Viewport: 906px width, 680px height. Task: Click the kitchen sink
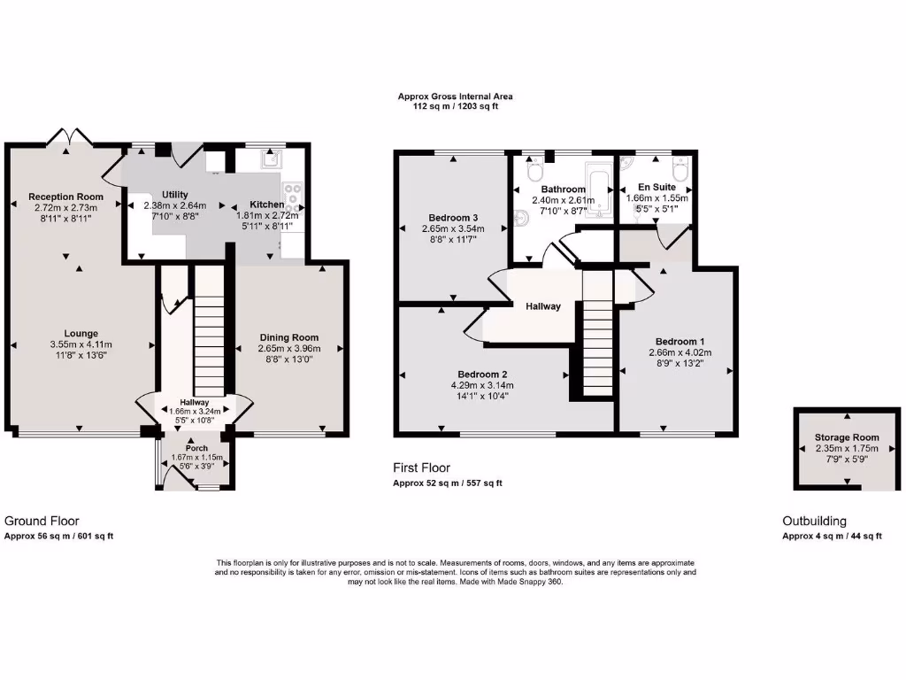(x=268, y=159)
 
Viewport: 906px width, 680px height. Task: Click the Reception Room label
(x=65, y=197)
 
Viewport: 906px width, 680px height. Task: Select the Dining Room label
(x=288, y=337)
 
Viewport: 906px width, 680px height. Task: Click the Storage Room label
(x=847, y=437)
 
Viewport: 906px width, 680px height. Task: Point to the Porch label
(x=196, y=448)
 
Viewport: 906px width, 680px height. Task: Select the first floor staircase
(x=597, y=336)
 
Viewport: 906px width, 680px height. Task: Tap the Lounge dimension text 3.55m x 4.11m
(x=81, y=344)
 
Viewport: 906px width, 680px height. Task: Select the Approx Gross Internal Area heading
(x=455, y=97)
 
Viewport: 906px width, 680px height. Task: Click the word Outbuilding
(x=814, y=522)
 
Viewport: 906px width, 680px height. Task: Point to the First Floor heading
(x=421, y=467)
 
